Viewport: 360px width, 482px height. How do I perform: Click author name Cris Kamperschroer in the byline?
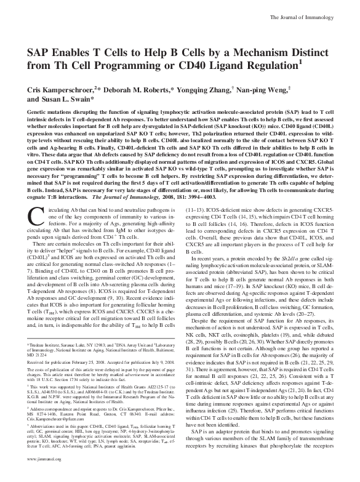pos(67,89)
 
